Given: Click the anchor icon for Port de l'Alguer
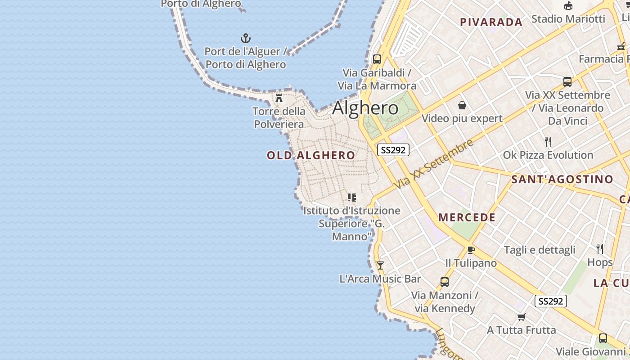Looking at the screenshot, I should click(246, 38).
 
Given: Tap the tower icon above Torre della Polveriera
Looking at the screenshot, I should click(279, 97).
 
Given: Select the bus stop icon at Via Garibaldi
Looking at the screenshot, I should click(377, 59).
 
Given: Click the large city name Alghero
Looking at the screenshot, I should click(365, 108).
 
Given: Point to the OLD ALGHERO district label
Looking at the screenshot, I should click(311, 156).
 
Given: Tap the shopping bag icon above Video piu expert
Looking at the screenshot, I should click(462, 105).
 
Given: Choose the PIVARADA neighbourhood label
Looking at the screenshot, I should click(491, 22).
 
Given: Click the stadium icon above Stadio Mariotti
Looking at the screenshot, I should click(568, 6).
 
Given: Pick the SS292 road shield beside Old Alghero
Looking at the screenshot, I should click(393, 150).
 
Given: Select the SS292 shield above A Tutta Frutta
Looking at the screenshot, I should click(550, 301).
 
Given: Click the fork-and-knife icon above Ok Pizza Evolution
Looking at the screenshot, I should click(548, 142).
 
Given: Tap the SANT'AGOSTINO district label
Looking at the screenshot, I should click(562, 179).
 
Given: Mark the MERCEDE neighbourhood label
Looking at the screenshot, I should click(467, 217).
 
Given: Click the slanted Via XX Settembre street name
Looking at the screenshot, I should click(434, 164).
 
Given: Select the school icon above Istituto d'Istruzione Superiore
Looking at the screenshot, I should click(351, 197).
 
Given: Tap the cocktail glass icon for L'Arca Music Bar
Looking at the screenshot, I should click(380, 265).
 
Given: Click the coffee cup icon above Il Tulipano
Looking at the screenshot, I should click(471, 250).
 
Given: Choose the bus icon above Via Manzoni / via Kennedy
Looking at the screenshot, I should click(445, 282).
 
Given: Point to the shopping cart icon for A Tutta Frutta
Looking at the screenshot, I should click(521, 317).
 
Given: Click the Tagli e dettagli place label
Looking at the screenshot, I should click(540, 250).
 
